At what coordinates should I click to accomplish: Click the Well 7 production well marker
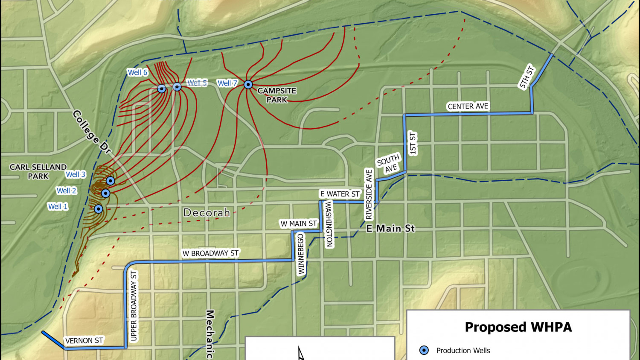pyautogui.click(x=248, y=85)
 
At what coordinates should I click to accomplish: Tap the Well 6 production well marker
pyautogui.click(x=162, y=89)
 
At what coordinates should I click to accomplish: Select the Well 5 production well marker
pyautogui.click(x=177, y=87)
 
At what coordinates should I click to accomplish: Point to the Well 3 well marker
pyautogui.click(x=110, y=181)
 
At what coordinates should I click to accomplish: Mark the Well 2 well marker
pyautogui.click(x=105, y=193)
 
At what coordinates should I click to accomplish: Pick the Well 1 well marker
pyautogui.click(x=98, y=209)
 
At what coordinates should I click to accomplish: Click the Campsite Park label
pyautogui.click(x=277, y=95)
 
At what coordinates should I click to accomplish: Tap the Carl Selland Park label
pyautogui.click(x=38, y=171)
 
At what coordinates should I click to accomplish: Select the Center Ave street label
pyautogui.click(x=468, y=106)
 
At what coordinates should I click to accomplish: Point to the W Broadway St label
pyautogui.click(x=210, y=253)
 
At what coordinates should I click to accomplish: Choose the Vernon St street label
pyautogui.click(x=84, y=341)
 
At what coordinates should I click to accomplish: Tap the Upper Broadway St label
pyautogui.click(x=134, y=306)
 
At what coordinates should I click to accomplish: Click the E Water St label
pyautogui.click(x=340, y=194)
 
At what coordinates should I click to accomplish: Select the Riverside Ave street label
pyautogui.click(x=369, y=194)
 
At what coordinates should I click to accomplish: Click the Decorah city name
pyautogui.click(x=207, y=213)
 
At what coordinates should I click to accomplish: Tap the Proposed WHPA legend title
pyautogui.click(x=518, y=327)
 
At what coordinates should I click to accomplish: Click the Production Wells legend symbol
pyautogui.click(x=424, y=350)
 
